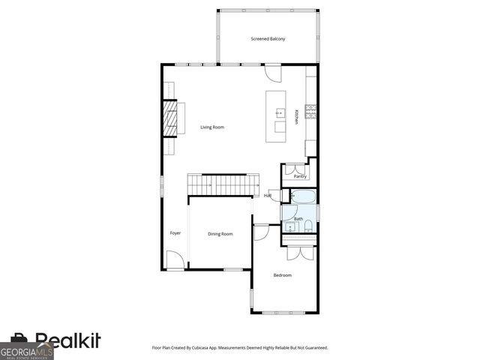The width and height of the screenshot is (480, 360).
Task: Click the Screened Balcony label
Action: pos(268,38)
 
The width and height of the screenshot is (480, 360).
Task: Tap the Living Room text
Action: pos(212,127)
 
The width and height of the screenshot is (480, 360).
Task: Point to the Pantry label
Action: pos(300,176)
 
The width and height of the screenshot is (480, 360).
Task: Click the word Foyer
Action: pos(175,233)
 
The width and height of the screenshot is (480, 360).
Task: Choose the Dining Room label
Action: pos(220,234)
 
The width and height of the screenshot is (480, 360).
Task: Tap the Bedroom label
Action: pos(282,275)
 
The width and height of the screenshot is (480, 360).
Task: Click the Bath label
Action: pos(298,219)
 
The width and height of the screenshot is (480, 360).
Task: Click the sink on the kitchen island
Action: pos(280,113)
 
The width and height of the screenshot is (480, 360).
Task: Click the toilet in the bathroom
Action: pos(307,226)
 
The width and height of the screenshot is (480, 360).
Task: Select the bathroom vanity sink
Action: pos(289,226)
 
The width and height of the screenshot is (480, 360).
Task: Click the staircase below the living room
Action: pos(217,184)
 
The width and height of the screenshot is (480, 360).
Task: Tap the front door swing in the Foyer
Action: pos(174,260)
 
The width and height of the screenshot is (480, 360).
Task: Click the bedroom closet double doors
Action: pos(298,251)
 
